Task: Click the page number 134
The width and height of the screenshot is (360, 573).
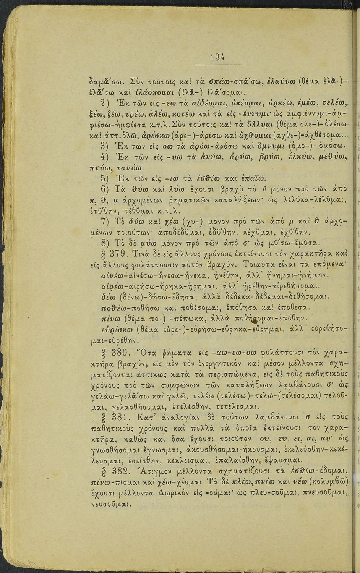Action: (x=217, y=57)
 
